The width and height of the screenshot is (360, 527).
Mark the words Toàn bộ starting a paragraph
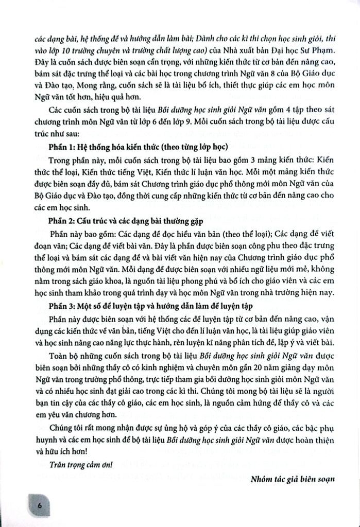(x=65, y=355)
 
